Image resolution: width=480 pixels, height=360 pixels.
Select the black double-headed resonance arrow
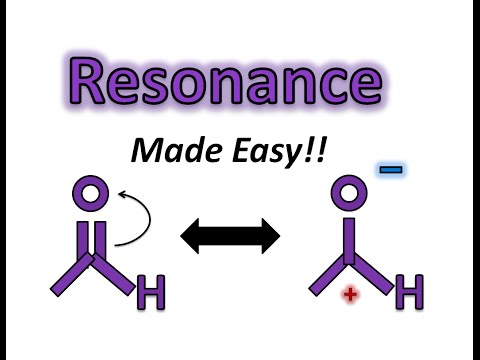pos(229,237)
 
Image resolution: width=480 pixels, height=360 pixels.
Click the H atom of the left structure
pos(151,293)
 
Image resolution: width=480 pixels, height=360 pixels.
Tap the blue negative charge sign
pos(391,170)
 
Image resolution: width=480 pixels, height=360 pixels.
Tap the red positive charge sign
pos(350,293)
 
